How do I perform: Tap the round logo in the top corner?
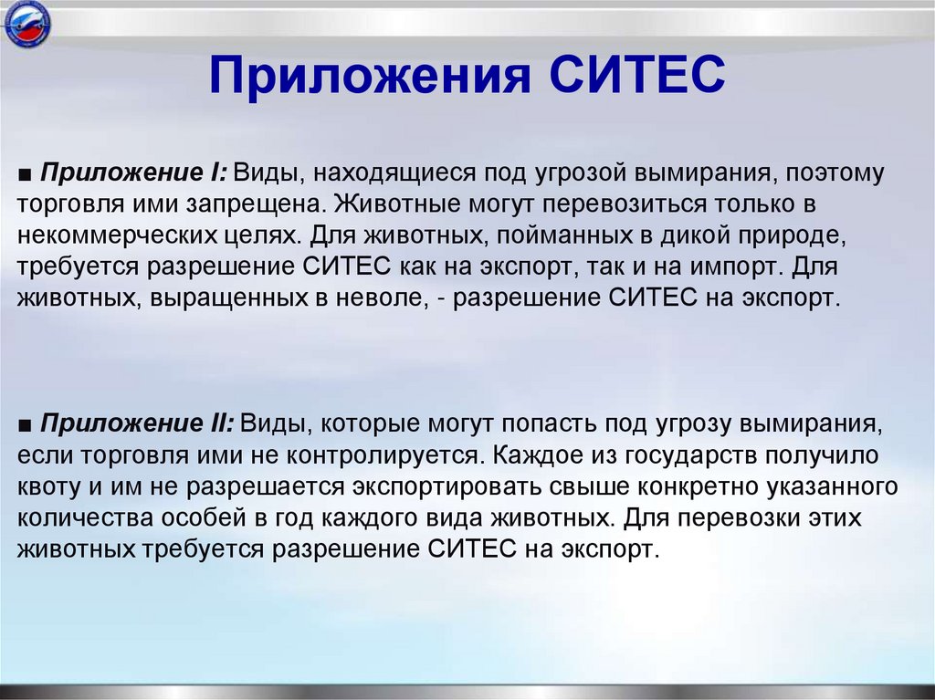click(27, 27)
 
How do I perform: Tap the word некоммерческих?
click(108, 234)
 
